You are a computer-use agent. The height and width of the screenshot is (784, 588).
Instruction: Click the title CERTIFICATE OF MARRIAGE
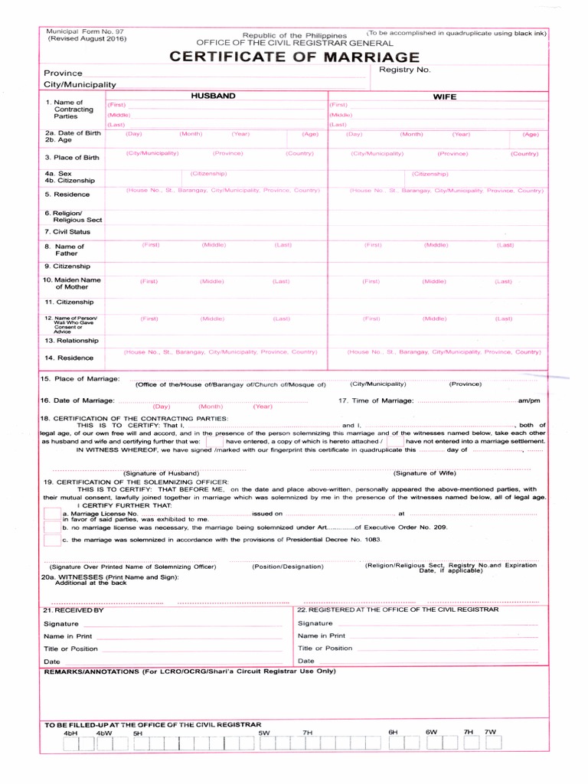[295, 57]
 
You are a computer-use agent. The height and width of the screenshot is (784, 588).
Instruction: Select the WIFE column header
[444, 97]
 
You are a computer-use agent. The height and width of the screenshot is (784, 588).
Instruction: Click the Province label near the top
[63, 73]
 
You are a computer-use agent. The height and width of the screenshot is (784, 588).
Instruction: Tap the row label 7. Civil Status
[67, 231]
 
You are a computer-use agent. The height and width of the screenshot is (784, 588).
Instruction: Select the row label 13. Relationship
[71, 340]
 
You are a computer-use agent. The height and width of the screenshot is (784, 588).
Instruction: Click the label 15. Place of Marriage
[80, 379]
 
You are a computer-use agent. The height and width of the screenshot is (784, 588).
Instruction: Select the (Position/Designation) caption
[287, 567]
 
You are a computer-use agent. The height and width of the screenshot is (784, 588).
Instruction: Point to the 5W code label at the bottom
[264, 733]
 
